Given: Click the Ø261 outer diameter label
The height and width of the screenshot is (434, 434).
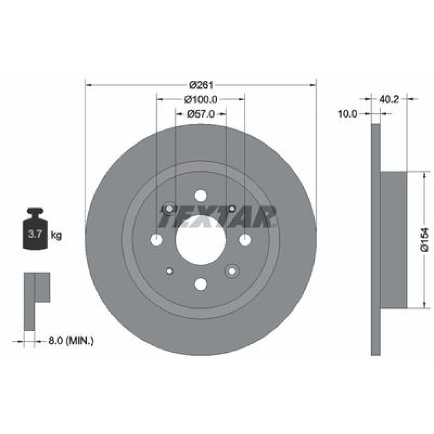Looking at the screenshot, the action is click(x=201, y=85).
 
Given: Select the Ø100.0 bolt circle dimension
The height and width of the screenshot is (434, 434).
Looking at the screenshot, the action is click(x=201, y=99).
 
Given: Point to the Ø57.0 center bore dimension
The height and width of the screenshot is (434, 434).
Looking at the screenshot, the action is click(x=201, y=114).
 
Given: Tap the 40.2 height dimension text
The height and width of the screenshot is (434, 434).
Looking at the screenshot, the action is click(x=388, y=99).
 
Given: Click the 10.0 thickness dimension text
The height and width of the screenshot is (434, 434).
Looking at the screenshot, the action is click(x=347, y=113).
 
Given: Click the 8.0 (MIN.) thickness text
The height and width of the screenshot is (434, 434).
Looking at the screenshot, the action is click(x=71, y=340).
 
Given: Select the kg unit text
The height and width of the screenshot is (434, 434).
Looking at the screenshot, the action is click(x=56, y=236).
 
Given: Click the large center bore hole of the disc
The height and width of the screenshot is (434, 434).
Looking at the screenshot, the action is click(x=201, y=240).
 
